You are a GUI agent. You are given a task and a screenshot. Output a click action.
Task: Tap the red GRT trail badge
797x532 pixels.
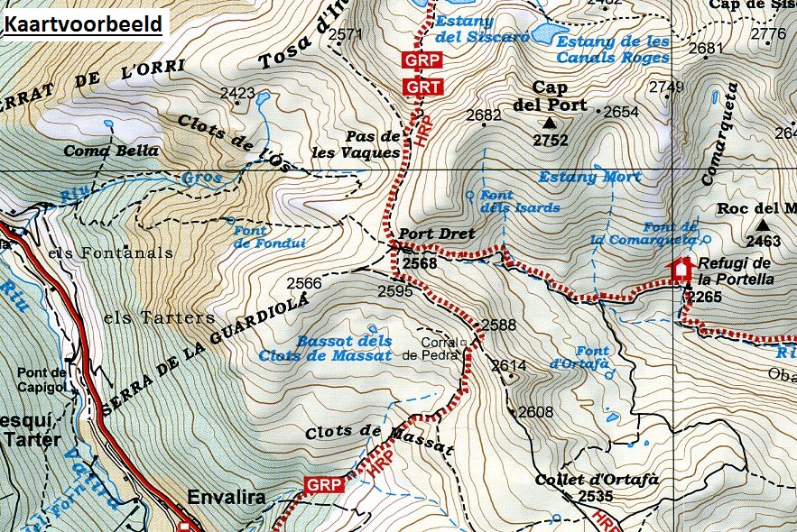click(x=422, y=87)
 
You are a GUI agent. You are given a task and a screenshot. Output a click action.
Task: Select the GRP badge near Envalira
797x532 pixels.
click(x=323, y=485)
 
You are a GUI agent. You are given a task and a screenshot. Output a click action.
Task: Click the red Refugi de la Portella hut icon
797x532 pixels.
click(x=680, y=269)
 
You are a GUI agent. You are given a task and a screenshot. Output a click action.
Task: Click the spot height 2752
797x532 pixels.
click(x=551, y=141)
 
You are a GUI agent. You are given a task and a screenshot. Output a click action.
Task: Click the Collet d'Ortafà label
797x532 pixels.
click(x=586, y=480)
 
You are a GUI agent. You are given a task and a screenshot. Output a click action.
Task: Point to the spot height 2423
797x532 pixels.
click(x=237, y=93)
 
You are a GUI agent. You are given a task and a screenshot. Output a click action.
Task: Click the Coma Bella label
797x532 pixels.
click(x=111, y=151)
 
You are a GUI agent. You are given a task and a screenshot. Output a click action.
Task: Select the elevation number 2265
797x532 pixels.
click(x=704, y=296)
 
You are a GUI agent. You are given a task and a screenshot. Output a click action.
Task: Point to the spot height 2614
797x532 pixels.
click(x=509, y=365)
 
